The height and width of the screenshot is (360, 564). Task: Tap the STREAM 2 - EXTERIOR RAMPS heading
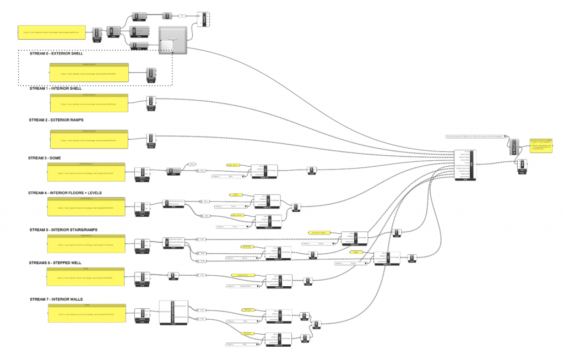click(57, 119)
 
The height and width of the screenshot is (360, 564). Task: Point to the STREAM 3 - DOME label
click(46, 158)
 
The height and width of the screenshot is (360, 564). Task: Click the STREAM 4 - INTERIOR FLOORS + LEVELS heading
click(65, 193)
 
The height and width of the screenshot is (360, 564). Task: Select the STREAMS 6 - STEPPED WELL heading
click(55, 263)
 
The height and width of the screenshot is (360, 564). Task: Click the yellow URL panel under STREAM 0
click(88, 72)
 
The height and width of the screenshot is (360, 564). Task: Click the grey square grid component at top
click(173, 40)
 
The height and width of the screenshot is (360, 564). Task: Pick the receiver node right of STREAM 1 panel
click(150, 102)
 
